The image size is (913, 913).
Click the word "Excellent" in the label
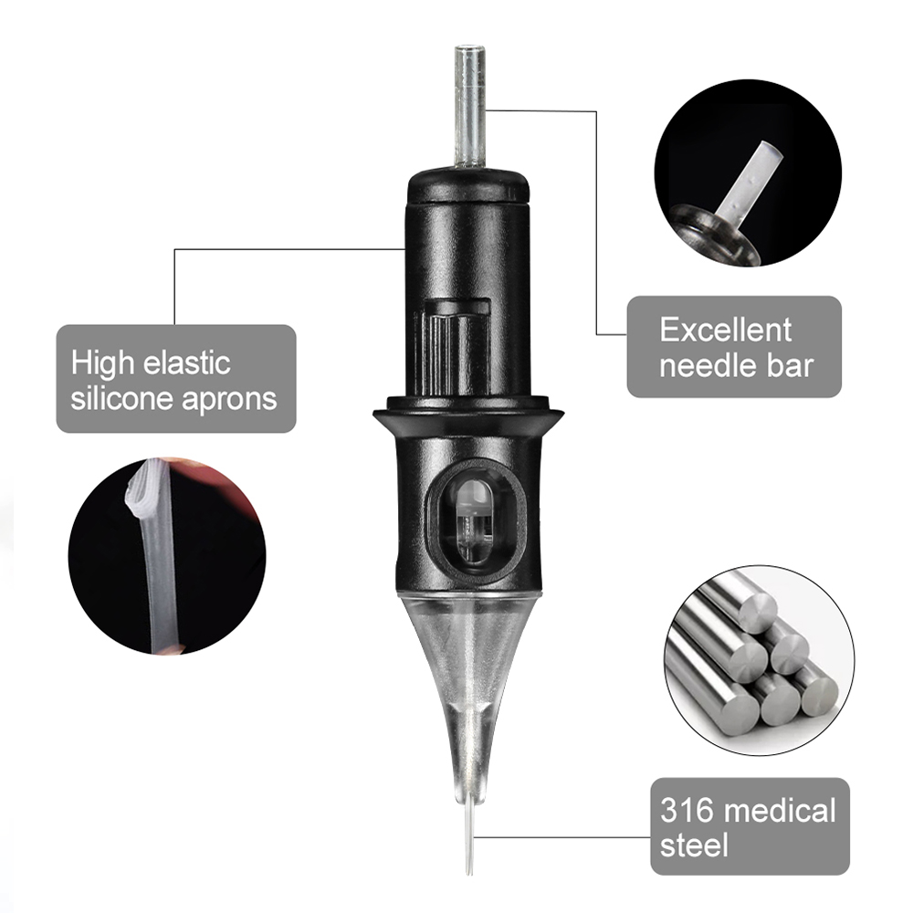coord(726,331)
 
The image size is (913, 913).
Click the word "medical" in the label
coord(782,810)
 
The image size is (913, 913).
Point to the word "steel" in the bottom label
coord(694,845)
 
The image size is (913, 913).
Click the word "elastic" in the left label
coord(187,362)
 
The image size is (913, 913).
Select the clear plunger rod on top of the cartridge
coord(470,106)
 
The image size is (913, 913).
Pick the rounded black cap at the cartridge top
coord(468,185)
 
